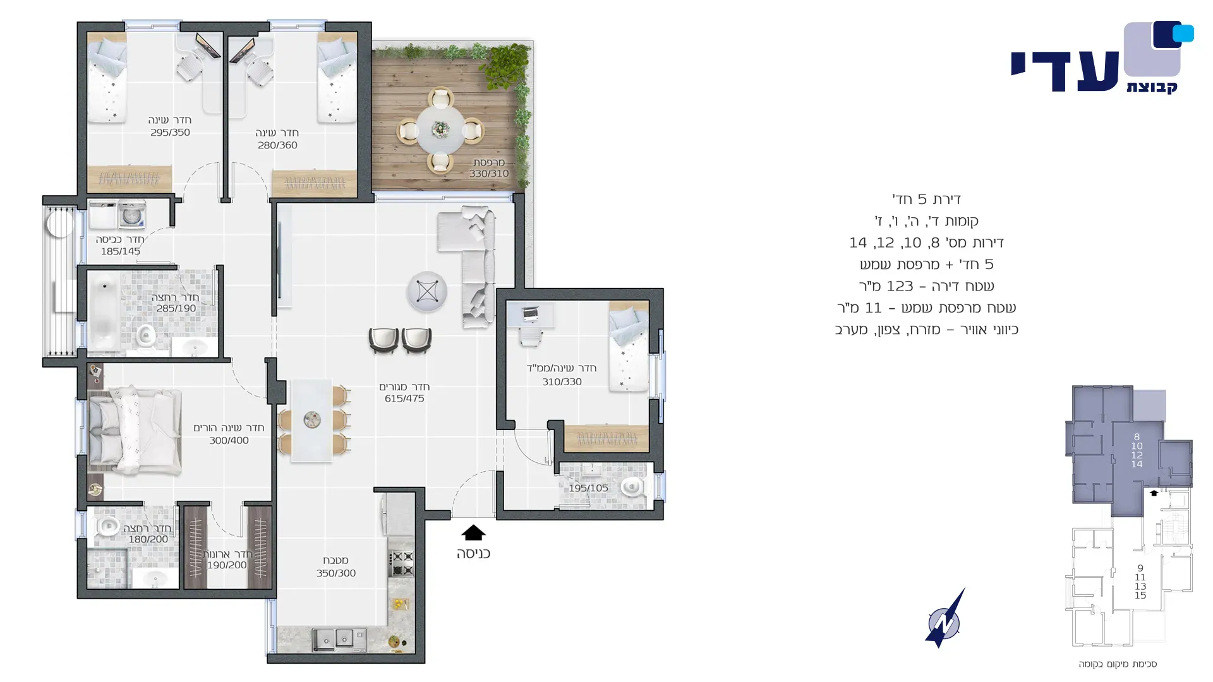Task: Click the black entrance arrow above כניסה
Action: (473, 533)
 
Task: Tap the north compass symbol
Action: (944, 619)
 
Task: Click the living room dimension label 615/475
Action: (404, 398)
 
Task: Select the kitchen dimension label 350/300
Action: (336, 573)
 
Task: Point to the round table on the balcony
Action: (440, 129)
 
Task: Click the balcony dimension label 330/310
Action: (489, 174)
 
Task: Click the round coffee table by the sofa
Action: (427, 292)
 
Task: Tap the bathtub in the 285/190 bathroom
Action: (104, 313)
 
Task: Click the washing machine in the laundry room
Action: (131, 215)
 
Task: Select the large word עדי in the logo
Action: (1065, 71)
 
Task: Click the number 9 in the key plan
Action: (1140, 568)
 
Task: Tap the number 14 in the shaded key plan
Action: (1137, 464)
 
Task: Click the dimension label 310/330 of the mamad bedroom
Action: (562, 382)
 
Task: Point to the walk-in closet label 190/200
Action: (227, 565)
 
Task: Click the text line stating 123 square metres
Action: (926, 286)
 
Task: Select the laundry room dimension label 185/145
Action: (121, 251)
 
